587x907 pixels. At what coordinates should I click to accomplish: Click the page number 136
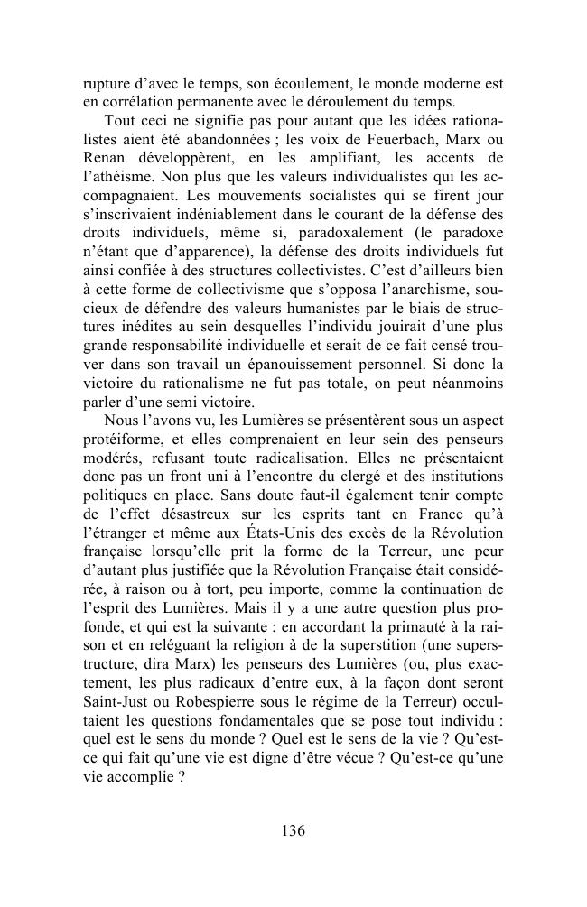coord(293,831)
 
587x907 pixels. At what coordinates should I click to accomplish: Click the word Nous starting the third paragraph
coord(123,421)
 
